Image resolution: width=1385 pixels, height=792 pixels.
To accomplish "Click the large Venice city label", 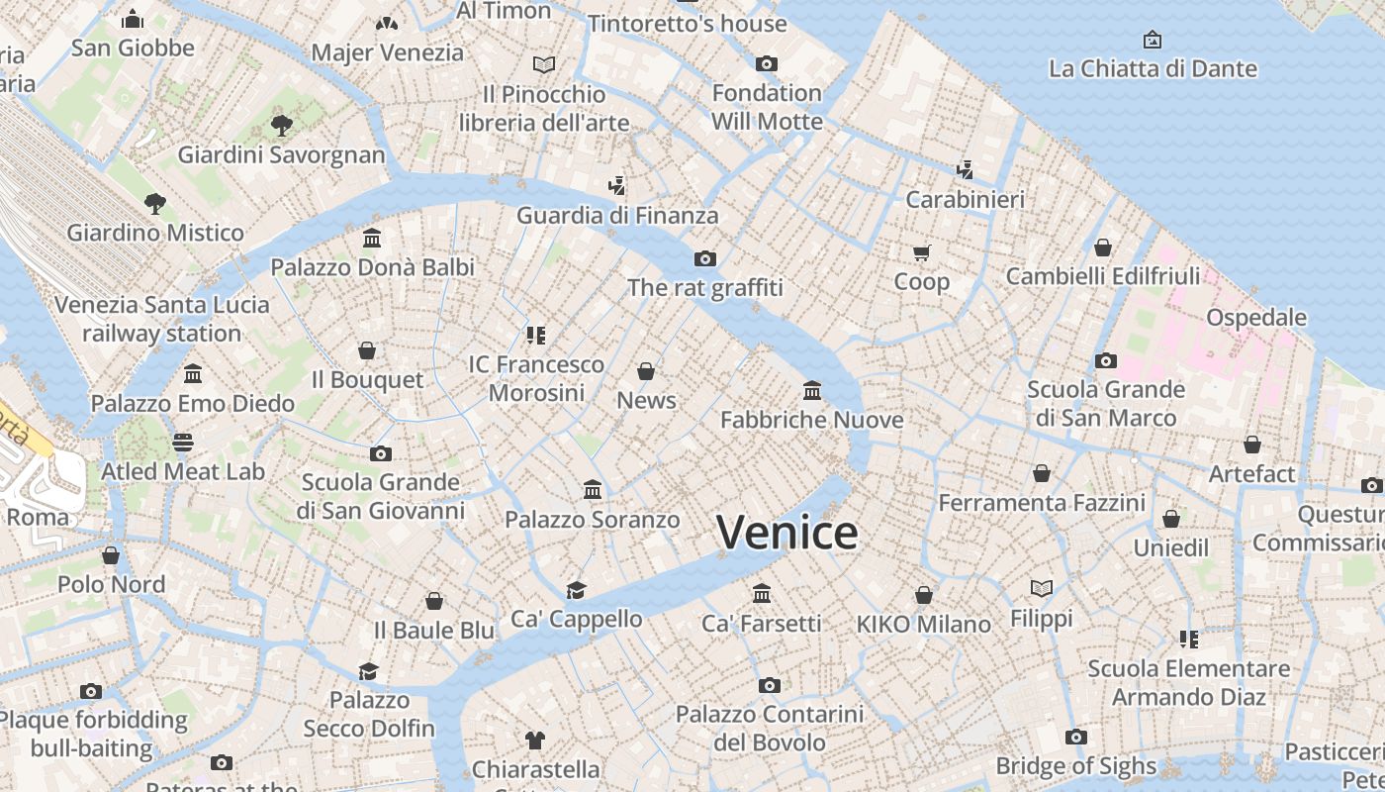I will coord(787,533).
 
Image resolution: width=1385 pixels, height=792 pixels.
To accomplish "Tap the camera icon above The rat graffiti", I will coord(704,259).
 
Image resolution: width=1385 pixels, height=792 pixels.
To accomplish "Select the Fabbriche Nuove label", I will coord(811,420).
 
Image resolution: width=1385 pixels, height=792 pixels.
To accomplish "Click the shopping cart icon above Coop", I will coord(922,253).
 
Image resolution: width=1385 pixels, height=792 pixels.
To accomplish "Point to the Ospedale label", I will coord(1255,318).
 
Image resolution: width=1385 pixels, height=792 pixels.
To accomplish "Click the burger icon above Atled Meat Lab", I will coord(183,443).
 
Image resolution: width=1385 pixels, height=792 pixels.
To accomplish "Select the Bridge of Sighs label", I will coord(1075,765).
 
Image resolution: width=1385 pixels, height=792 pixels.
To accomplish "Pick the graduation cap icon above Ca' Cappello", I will coord(576,591).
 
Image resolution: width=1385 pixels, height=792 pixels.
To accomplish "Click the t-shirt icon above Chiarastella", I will coord(535,741).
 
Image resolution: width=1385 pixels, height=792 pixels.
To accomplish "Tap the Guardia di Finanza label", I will coord(617,215).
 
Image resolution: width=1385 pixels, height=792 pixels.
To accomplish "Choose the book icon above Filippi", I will coord(1041,589).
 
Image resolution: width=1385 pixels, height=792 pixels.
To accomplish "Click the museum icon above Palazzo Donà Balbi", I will coord(372,239).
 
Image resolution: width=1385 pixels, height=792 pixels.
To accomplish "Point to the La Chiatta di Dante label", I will coord(1153,68).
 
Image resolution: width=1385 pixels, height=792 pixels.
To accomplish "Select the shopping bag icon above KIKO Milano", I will coord(923,595).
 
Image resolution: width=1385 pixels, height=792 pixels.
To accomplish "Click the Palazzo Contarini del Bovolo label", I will coord(769,728).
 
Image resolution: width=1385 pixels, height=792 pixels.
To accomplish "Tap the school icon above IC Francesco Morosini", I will coord(536,336).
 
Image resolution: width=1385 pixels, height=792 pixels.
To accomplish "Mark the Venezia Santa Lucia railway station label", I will coord(161,318).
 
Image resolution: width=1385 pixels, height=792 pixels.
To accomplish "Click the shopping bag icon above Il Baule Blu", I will coord(433,601).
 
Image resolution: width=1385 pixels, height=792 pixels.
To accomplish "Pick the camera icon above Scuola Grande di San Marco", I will coord(1105,361).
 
